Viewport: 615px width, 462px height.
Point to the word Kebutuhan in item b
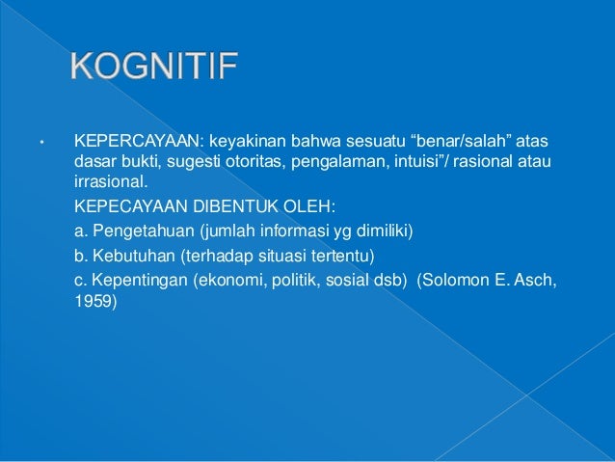point(130,257)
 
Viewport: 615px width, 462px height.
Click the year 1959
point(94,301)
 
